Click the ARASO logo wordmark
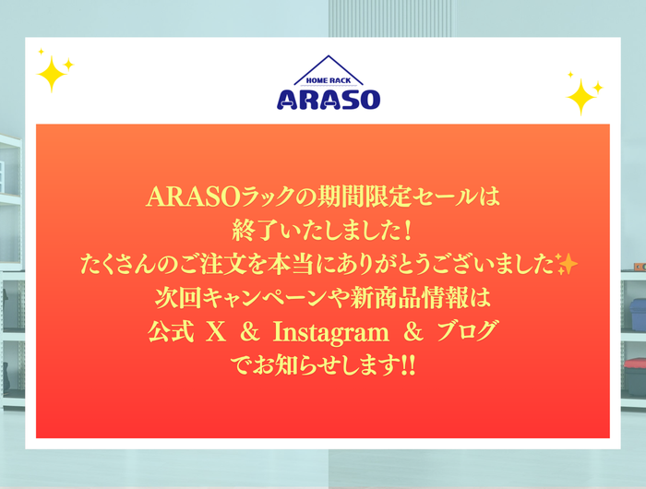[x=329, y=100]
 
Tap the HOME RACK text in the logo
[x=329, y=81]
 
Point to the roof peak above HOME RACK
[x=329, y=55]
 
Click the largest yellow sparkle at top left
[x=52, y=74]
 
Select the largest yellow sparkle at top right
[x=580, y=97]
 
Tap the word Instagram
[x=330, y=333]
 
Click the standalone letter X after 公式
[x=215, y=332]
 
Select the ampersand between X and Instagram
[x=250, y=332]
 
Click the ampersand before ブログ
[x=413, y=332]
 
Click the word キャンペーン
[x=268, y=298]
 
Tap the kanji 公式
[x=171, y=331]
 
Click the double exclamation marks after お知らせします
[x=408, y=365]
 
